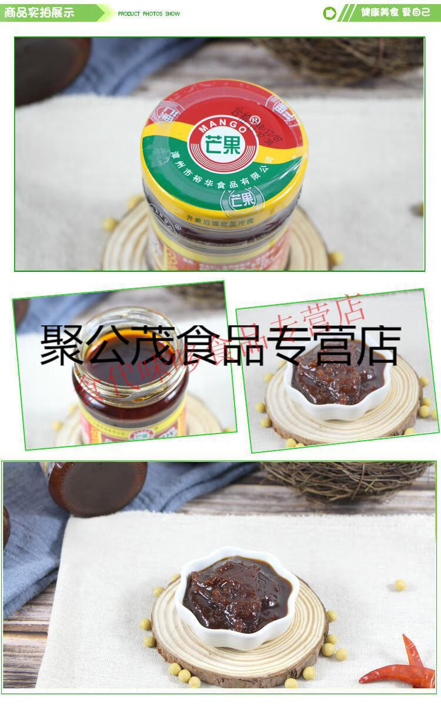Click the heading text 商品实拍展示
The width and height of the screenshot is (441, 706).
pos(39,12)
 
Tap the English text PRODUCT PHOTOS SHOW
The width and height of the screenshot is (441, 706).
pos(149,14)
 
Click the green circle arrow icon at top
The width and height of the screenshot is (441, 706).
pos(330,13)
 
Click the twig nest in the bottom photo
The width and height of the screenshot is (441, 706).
pos(347,479)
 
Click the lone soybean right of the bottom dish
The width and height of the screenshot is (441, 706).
pos(400,584)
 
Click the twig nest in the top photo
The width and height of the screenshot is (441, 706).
pos(347,59)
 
